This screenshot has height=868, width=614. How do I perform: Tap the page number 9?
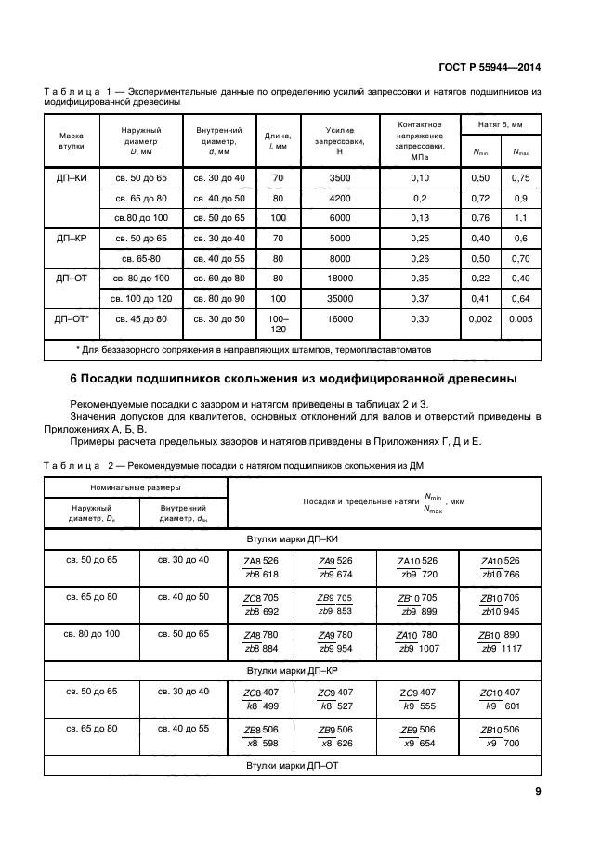pos(538,791)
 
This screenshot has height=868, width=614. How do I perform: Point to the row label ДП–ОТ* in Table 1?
pos(72,319)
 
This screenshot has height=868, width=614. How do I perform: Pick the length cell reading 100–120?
pos(279,324)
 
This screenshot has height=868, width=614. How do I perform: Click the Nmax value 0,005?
pos(521,319)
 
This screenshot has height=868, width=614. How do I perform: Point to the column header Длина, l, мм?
pos(279,141)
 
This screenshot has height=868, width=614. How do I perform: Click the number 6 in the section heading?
pos(74,380)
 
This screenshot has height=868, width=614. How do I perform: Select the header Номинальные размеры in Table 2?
pos(136,487)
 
